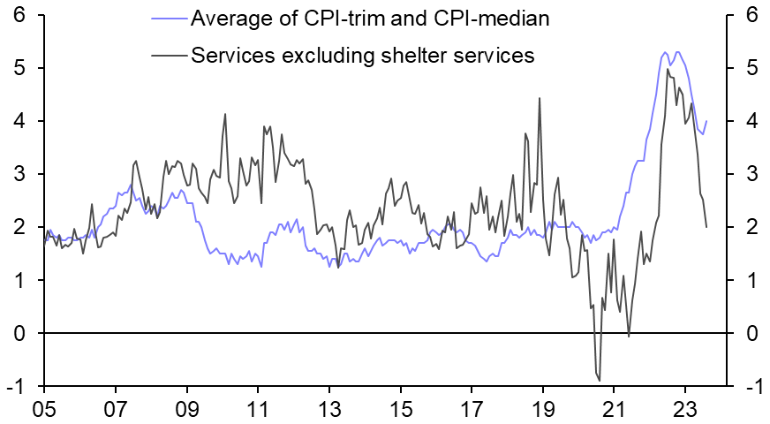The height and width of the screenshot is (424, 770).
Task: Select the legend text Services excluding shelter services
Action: pyautogui.click(x=363, y=55)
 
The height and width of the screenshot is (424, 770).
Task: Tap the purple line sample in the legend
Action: pyautogui.click(x=164, y=19)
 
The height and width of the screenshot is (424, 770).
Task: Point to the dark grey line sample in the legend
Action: pyautogui.click(x=164, y=55)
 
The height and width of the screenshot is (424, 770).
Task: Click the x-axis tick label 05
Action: pyautogui.click(x=44, y=411)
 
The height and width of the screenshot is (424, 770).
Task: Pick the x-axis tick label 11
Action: pyautogui.click(x=257, y=411)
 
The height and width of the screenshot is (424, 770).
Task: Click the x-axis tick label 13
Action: pyautogui.click(x=328, y=411)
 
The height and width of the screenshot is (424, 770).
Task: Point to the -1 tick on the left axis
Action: pyautogui.click(x=14, y=386)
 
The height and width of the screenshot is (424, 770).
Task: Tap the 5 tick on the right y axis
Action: pyautogui.click(x=751, y=68)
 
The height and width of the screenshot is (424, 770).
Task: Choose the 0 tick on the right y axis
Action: pyautogui.click(x=751, y=333)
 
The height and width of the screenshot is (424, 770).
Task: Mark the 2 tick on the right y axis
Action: pyautogui.click(x=751, y=227)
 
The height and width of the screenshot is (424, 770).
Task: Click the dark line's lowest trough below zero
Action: pyautogui.click(x=600, y=381)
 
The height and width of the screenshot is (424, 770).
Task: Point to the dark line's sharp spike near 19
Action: pyautogui.click(x=539, y=98)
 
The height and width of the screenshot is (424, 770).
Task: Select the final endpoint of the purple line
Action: pyautogui.click(x=706, y=121)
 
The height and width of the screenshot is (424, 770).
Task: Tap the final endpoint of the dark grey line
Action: pyautogui.click(x=706, y=227)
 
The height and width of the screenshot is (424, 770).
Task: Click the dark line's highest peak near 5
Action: pyautogui.click(x=668, y=70)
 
